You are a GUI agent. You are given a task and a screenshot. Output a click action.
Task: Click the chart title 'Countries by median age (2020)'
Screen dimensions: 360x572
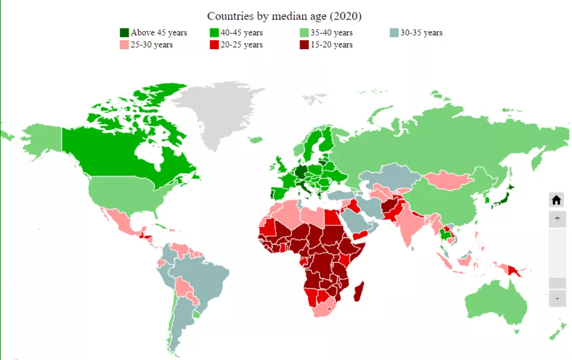click(284, 16)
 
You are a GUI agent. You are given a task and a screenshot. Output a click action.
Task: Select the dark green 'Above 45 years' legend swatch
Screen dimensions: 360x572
click(124, 32)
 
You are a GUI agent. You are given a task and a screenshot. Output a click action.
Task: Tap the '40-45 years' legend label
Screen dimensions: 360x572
click(241, 32)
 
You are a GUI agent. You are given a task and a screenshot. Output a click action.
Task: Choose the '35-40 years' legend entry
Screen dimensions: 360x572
click(331, 32)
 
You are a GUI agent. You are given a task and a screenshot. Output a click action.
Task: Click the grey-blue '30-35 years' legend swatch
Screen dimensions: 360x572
click(394, 32)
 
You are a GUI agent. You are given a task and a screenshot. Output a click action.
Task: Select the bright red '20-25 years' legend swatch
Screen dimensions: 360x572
click(214, 45)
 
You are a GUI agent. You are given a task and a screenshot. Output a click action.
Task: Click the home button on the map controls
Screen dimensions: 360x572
click(556, 200)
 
